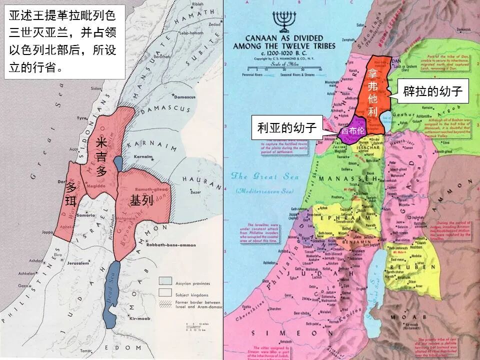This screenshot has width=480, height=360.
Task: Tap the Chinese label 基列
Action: tap(141, 200)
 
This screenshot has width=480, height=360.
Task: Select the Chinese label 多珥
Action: tap(71, 195)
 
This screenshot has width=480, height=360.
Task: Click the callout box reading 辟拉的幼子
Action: tap(433, 91)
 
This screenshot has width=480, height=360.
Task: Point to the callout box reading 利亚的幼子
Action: tap(287, 127)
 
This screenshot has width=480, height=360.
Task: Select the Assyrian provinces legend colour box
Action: tap(165, 281)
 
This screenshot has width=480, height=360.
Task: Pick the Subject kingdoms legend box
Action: tap(165, 292)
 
